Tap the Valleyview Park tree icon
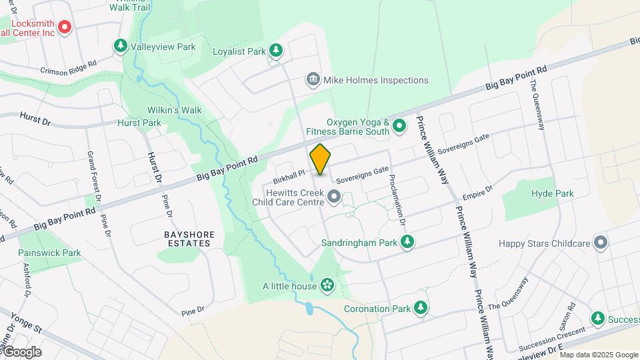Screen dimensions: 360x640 click(x=121, y=46)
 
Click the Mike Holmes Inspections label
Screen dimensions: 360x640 click(x=376, y=80)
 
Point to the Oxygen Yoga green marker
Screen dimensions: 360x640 click(x=399, y=125)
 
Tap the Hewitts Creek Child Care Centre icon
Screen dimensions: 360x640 click(x=334, y=196)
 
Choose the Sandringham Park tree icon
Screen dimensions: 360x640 click(x=407, y=243)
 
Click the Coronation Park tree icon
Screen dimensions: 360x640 click(x=421, y=308)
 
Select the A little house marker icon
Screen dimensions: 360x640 click(x=327, y=286)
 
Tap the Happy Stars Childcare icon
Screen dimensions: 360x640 click(x=601, y=243)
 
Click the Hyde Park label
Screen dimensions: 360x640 click(x=553, y=193)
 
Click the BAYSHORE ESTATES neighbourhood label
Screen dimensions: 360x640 click(x=187, y=239)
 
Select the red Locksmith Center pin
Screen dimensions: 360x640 click(x=65, y=27)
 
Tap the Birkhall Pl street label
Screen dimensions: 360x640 click(x=289, y=177)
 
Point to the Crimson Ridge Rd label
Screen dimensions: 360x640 click(x=69, y=69)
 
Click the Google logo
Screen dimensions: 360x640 click(x=21, y=351)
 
